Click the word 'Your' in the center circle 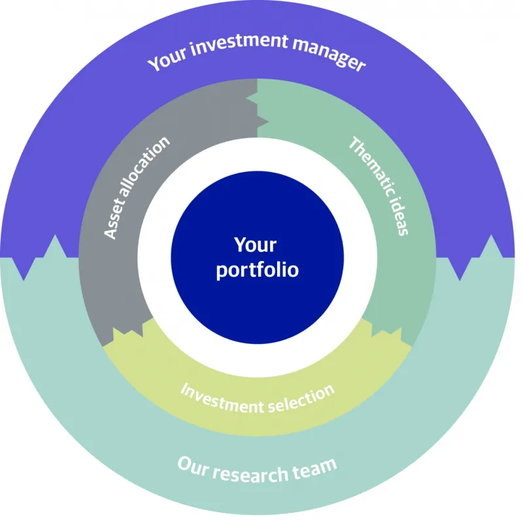tap(255, 245)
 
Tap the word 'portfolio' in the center tap(257, 269)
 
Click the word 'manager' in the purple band tap(329, 55)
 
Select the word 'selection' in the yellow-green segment tap(301, 398)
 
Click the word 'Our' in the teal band tap(193, 466)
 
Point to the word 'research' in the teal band tap(250, 474)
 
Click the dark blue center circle tap(257, 257)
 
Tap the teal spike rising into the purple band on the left tap(55, 247)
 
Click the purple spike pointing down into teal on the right tap(460, 269)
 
